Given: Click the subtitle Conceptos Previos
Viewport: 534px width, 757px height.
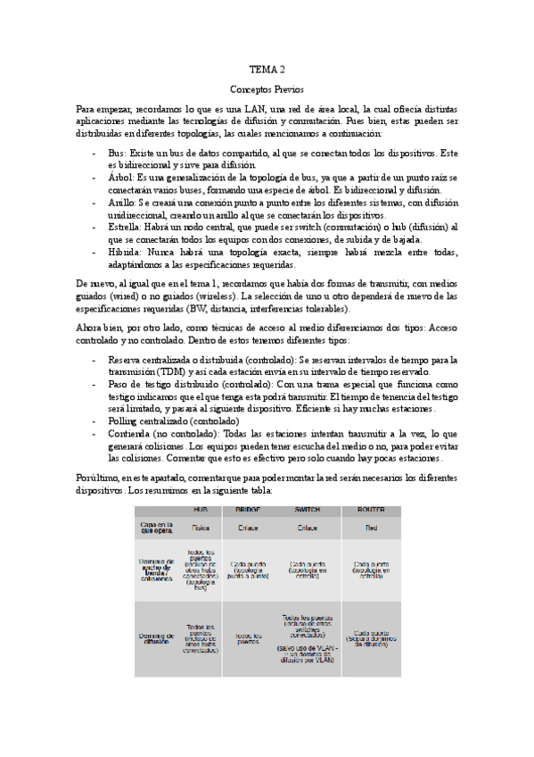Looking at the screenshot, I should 267,90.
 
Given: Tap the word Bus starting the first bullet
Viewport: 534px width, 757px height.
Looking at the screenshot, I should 116,154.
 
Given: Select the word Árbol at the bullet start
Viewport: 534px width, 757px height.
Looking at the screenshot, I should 120,179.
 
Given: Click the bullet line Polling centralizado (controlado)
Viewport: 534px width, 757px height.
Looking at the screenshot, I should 173,420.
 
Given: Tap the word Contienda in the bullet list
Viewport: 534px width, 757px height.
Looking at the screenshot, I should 131,433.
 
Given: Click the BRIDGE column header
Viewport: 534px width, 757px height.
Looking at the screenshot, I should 247,509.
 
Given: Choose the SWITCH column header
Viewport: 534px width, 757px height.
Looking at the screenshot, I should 308,509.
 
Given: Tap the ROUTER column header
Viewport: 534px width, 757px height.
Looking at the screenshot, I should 371,509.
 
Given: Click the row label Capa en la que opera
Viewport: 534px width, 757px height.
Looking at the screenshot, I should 156,528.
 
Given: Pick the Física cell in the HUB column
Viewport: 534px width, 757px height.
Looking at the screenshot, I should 200,528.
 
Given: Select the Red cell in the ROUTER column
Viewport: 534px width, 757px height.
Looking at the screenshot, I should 371,528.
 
